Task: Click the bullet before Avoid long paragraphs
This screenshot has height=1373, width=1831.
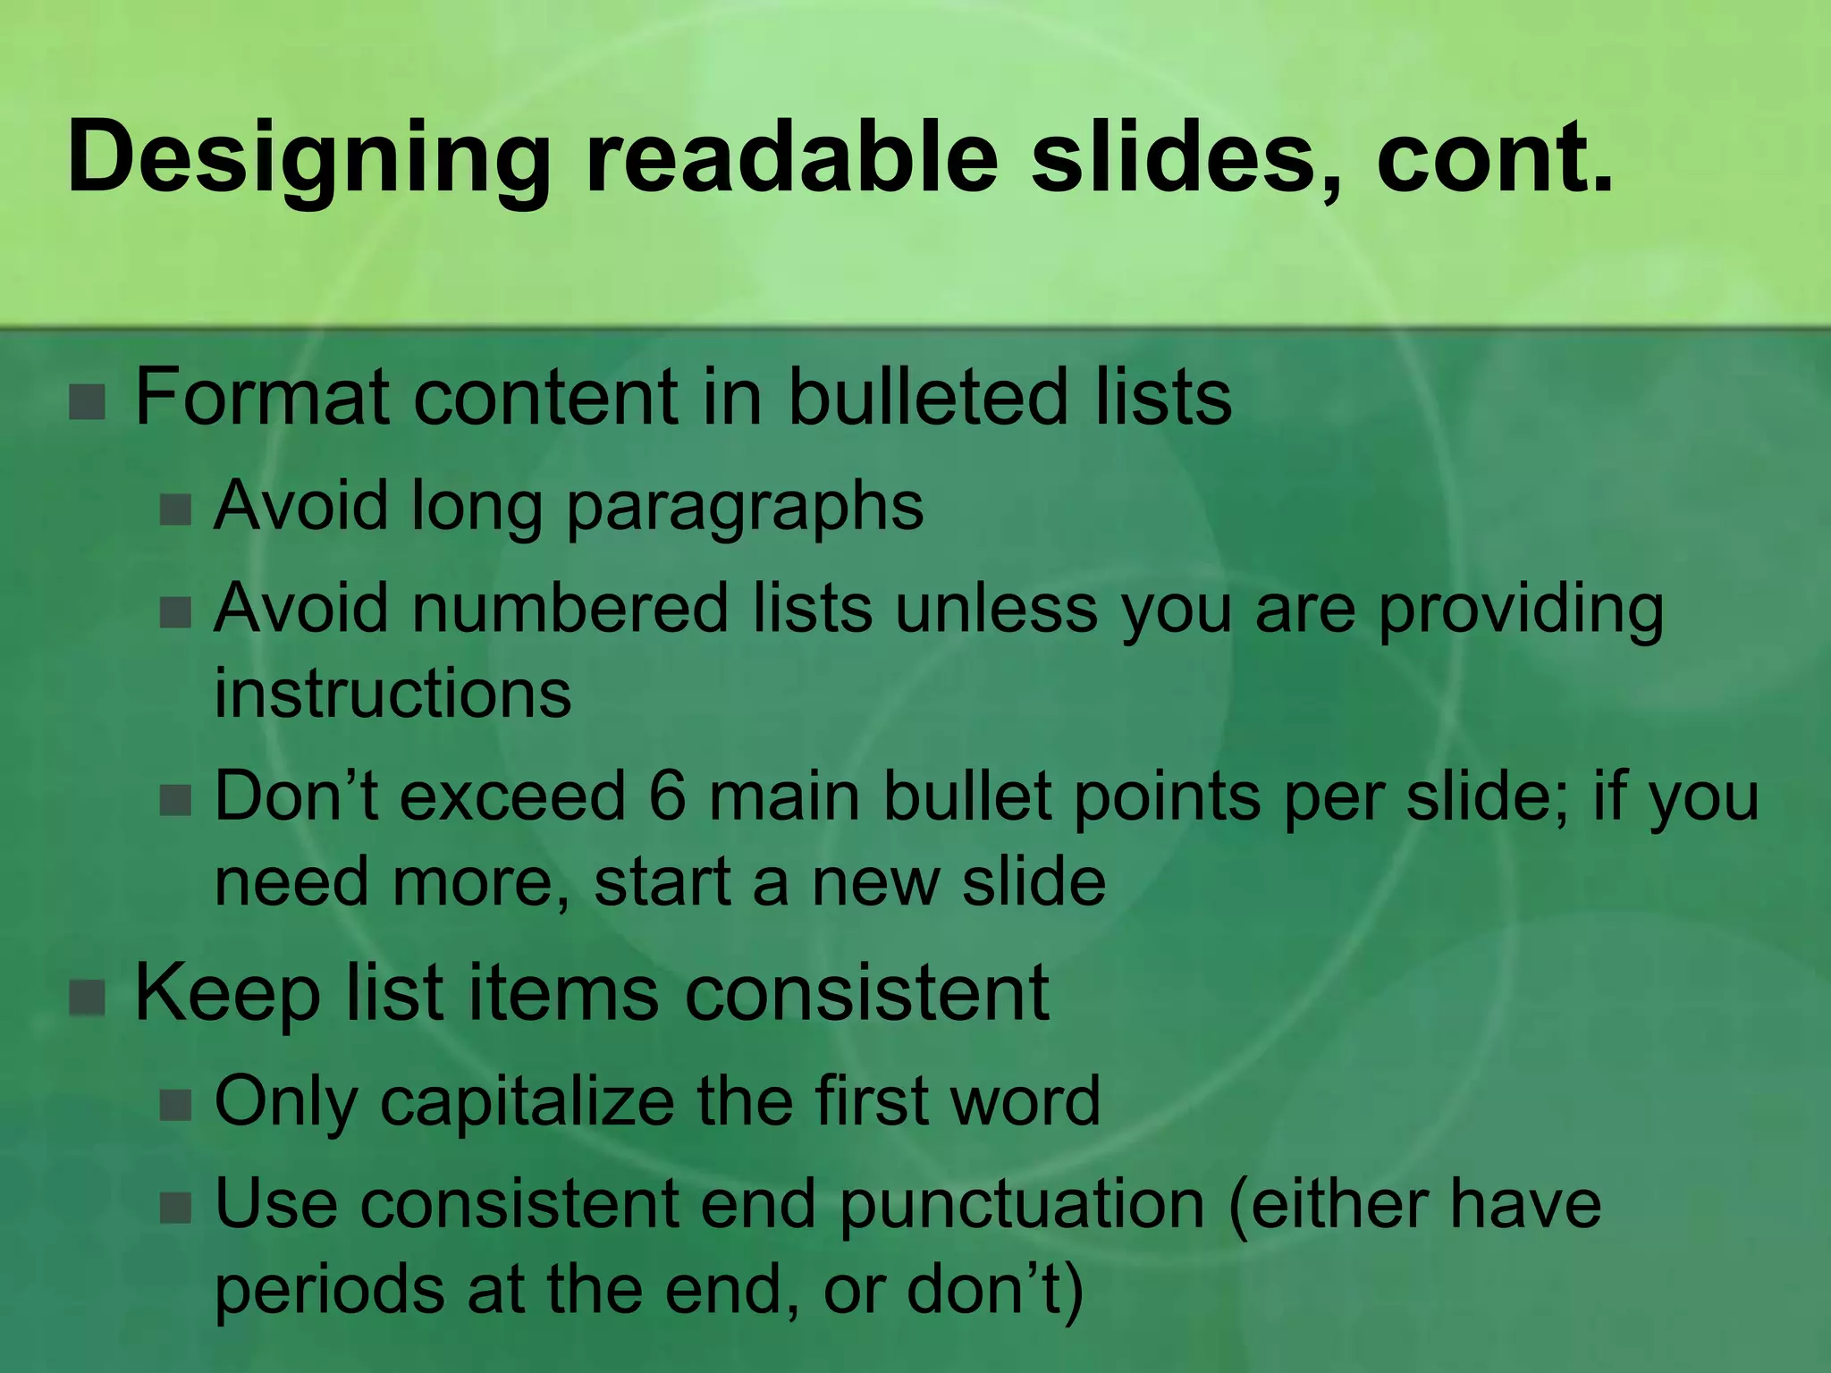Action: click(x=175, y=510)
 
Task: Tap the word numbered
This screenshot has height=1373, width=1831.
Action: click(x=570, y=609)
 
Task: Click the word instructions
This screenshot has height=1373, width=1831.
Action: click(x=392, y=694)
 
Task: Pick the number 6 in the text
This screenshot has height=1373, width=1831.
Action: click(x=667, y=796)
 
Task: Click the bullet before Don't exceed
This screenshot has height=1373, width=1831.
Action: click(x=175, y=800)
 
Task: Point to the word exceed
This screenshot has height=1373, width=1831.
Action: click(x=511, y=796)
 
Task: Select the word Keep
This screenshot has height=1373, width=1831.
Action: click(x=227, y=994)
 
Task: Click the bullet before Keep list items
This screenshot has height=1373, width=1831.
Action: click(x=88, y=998)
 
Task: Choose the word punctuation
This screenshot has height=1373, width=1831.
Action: click(x=1023, y=1205)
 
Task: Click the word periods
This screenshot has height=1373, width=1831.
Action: click(x=329, y=1291)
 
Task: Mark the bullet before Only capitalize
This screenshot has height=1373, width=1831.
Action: click(x=175, y=1106)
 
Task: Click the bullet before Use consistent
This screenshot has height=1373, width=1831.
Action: click(x=175, y=1209)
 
